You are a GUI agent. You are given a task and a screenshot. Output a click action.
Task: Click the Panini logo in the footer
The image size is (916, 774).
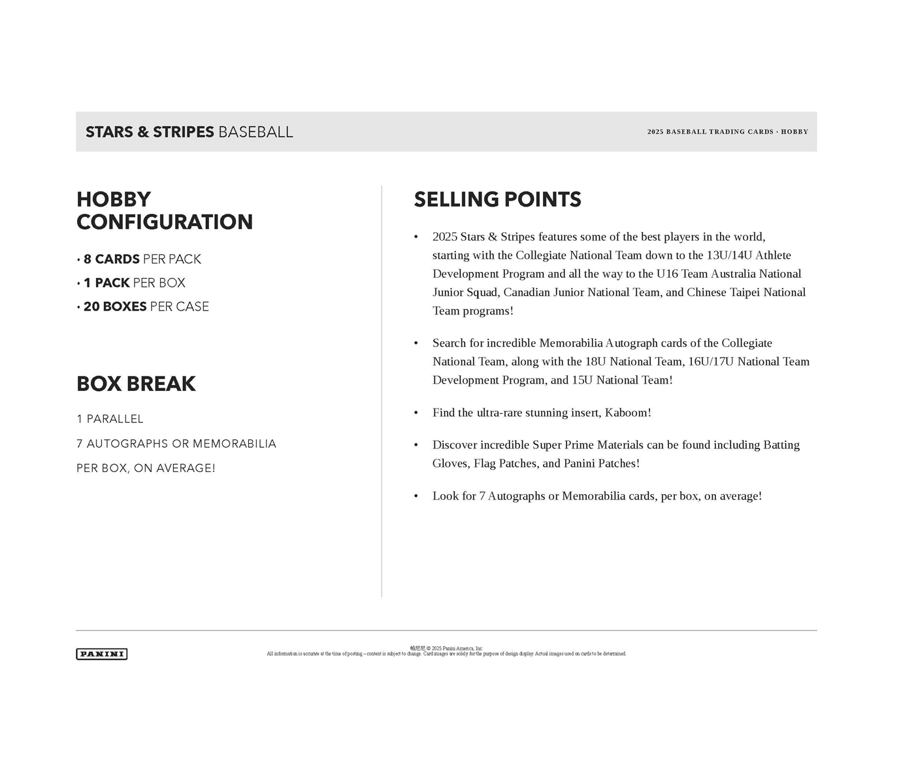(101, 654)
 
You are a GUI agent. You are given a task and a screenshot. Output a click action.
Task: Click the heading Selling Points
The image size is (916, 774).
(497, 199)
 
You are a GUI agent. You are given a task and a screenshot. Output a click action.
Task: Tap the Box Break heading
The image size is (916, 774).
(136, 384)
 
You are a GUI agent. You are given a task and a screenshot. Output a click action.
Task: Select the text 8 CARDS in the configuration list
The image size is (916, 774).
(111, 260)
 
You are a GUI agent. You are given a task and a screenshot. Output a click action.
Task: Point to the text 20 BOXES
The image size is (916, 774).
(114, 307)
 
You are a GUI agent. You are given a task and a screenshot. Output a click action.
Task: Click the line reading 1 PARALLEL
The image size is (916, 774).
(110, 419)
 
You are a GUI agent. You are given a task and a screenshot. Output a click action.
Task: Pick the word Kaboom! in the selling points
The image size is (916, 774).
(628, 412)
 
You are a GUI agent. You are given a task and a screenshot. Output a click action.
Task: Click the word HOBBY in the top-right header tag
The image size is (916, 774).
(794, 132)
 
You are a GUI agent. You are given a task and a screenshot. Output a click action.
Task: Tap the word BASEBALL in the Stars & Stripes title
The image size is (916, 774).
(255, 132)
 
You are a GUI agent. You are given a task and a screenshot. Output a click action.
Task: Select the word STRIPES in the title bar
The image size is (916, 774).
(183, 132)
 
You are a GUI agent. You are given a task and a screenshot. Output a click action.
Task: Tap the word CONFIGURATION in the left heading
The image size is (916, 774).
(165, 222)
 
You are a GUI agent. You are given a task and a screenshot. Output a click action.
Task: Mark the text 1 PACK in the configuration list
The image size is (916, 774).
(106, 283)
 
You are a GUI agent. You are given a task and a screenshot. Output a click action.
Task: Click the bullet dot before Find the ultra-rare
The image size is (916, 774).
(416, 413)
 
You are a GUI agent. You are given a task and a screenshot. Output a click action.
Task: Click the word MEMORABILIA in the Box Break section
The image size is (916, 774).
(235, 444)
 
